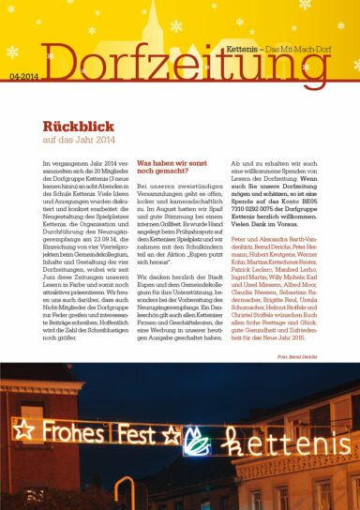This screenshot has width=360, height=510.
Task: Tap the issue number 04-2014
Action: tap(25, 77)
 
